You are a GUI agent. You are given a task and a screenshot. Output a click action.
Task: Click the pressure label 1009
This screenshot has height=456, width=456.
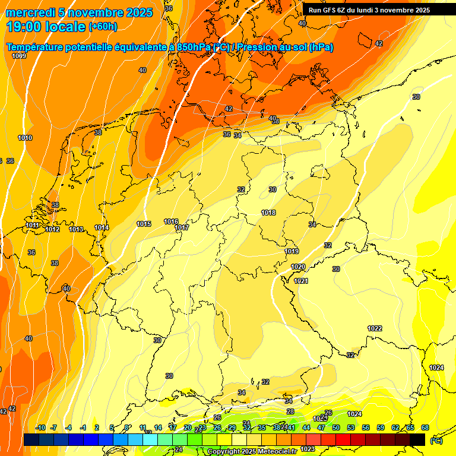(x=19, y=56)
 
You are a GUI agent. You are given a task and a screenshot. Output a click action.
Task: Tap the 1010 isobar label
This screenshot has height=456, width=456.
(x=25, y=138)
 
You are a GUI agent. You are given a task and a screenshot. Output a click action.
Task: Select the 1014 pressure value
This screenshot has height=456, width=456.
(x=102, y=227)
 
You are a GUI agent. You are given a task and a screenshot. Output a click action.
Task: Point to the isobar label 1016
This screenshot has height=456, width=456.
(x=171, y=221)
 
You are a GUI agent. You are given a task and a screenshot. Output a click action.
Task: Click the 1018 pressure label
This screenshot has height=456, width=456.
(x=268, y=213)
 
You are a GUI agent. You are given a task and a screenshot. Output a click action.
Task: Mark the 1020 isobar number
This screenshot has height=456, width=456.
(x=299, y=267)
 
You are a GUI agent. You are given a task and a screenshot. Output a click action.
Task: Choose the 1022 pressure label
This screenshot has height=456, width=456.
(x=375, y=328)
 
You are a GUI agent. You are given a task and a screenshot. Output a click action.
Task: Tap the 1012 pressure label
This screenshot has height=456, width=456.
(x=52, y=229)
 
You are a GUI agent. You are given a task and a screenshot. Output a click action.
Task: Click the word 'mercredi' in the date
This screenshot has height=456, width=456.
(x=26, y=12)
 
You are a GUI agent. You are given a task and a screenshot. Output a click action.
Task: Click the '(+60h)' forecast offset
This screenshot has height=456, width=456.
(x=102, y=27)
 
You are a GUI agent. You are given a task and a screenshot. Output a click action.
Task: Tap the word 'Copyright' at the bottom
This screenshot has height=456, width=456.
(x=225, y=451)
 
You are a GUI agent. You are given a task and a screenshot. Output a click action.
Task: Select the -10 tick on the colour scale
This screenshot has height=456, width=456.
(x=40, y=427)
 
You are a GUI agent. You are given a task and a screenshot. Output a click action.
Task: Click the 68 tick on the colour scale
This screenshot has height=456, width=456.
(x=425, y=427)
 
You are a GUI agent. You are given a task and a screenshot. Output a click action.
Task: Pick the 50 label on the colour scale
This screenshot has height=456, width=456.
(x=335, y=427)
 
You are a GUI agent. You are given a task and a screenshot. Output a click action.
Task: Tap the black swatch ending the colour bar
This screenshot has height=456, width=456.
(x=417, y=439)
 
